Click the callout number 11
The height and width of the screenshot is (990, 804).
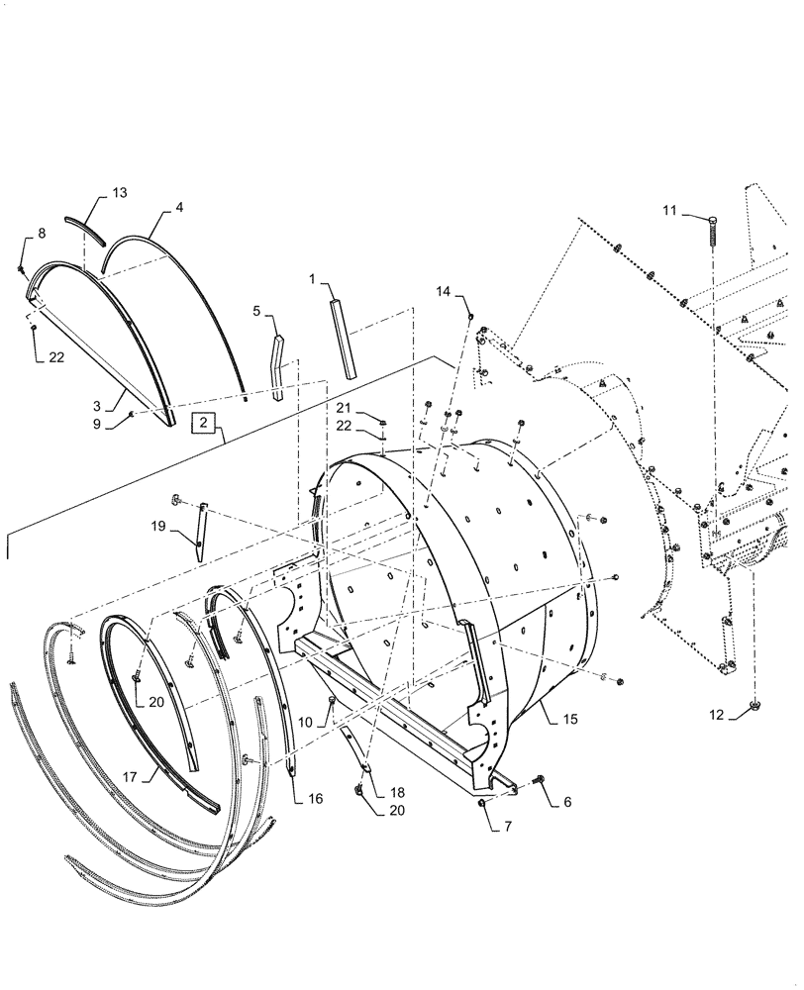pyautogui.click(x=669, y=210)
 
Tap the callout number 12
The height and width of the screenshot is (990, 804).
pyautogui.click(x=716, y=715)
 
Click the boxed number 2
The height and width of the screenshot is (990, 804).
pyautogui.click(x=203, y=422)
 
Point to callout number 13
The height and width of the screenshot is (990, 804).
pyautogui.click(x=120, y=191)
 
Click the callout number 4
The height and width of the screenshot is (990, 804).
pyautogui.click(x=179, y=207)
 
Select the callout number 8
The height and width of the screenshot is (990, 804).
pyautogui.click(x=42, y=233)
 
